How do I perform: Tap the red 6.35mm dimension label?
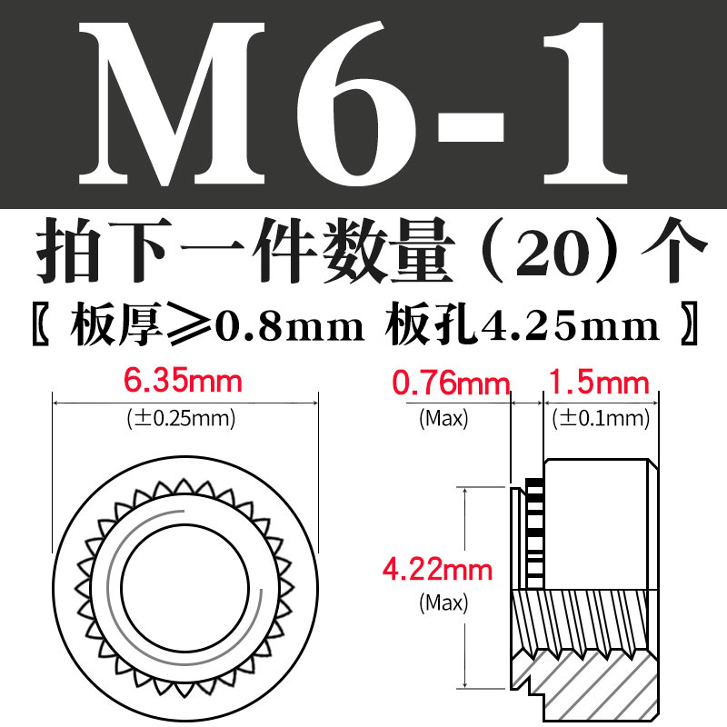(x=186, y=380)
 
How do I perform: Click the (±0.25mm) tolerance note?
(x=186, y=419)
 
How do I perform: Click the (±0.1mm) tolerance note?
(x=601, y=419)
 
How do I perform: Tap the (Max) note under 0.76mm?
(x=443, y=419)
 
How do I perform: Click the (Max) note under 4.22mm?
(x=443, y=602)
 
